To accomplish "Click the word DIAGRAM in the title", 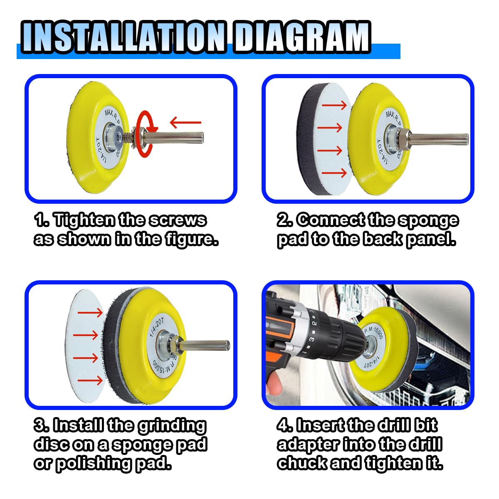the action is coord(302,37).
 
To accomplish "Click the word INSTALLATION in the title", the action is coord(124,37).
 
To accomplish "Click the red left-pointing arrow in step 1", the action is coord(185,122).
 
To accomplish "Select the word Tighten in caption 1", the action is coord(84,220).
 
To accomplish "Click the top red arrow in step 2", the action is coord(334,105).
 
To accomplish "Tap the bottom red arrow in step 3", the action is coord(90,380).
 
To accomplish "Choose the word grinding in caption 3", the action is coord(172,426).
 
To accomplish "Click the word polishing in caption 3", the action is coord(94,463).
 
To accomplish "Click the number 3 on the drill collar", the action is coord(312,339).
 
